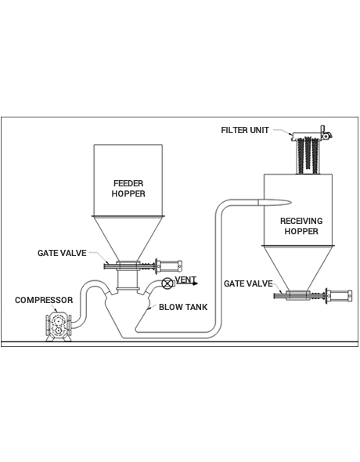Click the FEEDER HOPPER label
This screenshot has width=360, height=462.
128,189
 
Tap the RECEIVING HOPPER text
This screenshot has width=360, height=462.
301,226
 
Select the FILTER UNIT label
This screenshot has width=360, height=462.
245,130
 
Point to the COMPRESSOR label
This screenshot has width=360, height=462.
44,300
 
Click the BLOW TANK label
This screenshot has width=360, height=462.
183,307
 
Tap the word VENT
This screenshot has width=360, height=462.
185,280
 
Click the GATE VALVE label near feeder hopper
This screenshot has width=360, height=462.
62,253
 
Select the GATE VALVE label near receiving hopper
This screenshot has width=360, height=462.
248,283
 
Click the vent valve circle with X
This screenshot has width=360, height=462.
167,283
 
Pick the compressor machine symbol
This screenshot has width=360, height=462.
58,327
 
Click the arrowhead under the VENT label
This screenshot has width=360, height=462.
195,284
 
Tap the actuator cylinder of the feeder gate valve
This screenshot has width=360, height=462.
168,266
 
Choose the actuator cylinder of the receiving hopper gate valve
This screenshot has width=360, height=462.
339,295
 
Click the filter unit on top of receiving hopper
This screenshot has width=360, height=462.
309,153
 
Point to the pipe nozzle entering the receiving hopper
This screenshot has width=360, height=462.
275,202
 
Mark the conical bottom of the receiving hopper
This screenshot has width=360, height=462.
298,268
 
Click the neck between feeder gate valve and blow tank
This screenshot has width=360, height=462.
128,280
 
